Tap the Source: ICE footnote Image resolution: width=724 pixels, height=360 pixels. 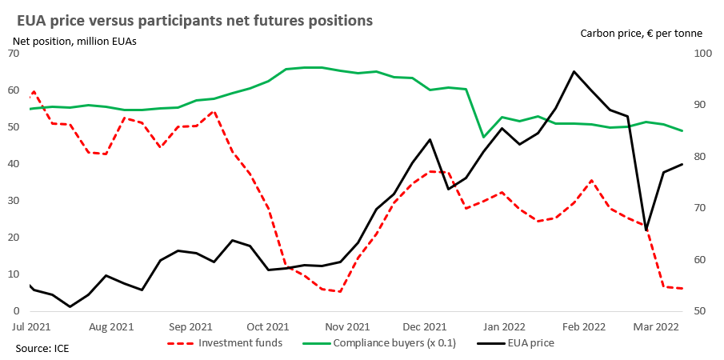click(x=42, y=349)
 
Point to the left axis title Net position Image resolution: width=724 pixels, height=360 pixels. click(x=74, y=41)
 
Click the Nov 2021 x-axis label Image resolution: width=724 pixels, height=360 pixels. click(x=348, y=326)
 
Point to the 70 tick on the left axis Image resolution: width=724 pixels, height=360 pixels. click(x=13, y=54)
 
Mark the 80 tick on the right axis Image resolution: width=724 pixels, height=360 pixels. click(x=701, y=157)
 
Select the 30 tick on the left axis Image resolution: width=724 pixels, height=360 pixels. click(x=13, y=201)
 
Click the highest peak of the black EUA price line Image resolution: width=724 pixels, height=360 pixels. click(x=574, y=71)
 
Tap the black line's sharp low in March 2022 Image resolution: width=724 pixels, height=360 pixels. click(x=646, y=230)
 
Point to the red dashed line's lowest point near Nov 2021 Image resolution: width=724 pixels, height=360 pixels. click(x=339, y=291)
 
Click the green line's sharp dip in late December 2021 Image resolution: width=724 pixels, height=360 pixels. click(x=483, y=138)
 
